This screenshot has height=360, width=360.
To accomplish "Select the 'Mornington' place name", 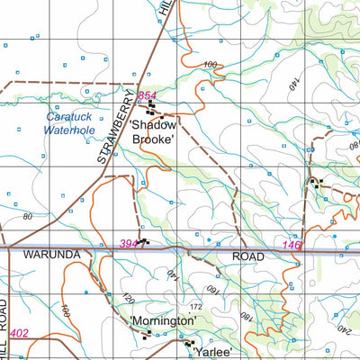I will click(x=163, y=320).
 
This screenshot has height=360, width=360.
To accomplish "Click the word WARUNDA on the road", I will click(x=52, y=256).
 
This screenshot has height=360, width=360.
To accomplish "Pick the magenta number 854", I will click(x=148, y=95).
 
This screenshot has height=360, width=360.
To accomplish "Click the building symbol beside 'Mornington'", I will click(x=146, y=334).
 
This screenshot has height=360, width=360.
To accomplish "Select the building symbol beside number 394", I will click(x=144, y=242).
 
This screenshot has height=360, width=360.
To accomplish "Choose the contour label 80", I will click(x=27, y=217).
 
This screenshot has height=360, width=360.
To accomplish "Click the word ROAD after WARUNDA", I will click(x=247, y=256).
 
